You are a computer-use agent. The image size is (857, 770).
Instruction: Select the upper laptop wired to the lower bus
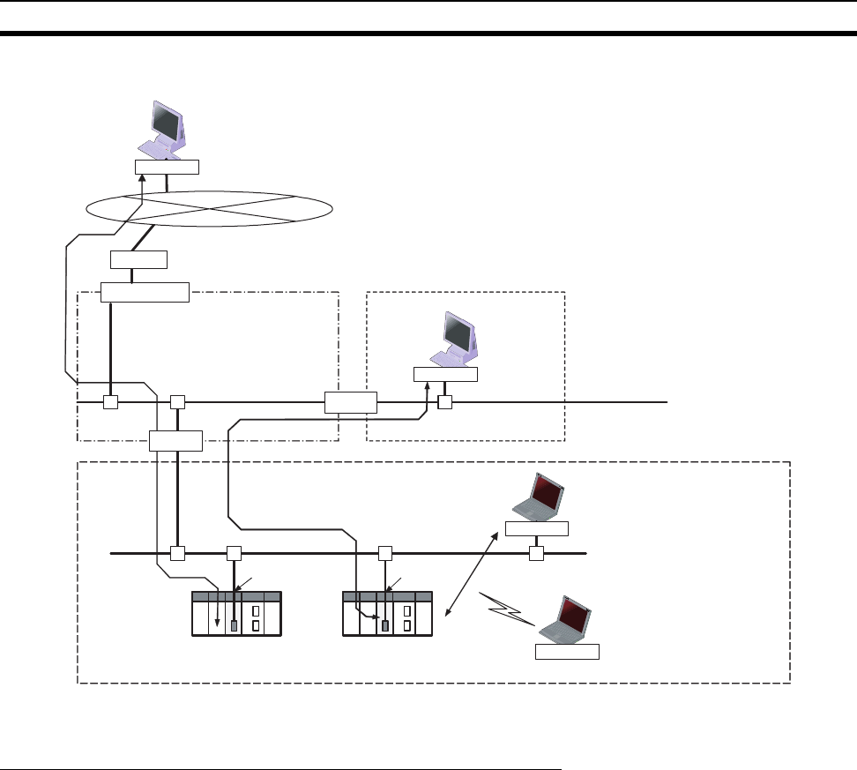point(539,497)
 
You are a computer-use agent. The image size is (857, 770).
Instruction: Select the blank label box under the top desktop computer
point(167,168)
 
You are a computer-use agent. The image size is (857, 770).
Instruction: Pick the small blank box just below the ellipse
point(139,259)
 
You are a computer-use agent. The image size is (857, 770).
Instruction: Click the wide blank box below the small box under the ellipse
point(145,292)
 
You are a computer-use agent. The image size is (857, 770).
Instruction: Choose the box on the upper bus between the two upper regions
point(350,402)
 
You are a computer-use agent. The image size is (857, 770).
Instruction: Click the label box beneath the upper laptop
point(537,529)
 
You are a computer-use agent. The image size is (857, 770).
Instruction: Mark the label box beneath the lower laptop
point(567,653)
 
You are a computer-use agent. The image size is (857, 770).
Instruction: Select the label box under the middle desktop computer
point(445,375)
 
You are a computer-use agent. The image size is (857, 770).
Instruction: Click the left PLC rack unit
point(235,612)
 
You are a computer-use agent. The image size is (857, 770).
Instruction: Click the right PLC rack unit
point(386,612)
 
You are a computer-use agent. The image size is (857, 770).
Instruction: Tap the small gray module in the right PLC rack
point(385,626)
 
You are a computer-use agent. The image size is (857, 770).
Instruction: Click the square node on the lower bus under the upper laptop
point(535,553)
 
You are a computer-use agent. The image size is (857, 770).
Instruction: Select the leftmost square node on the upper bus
point(111,402)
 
